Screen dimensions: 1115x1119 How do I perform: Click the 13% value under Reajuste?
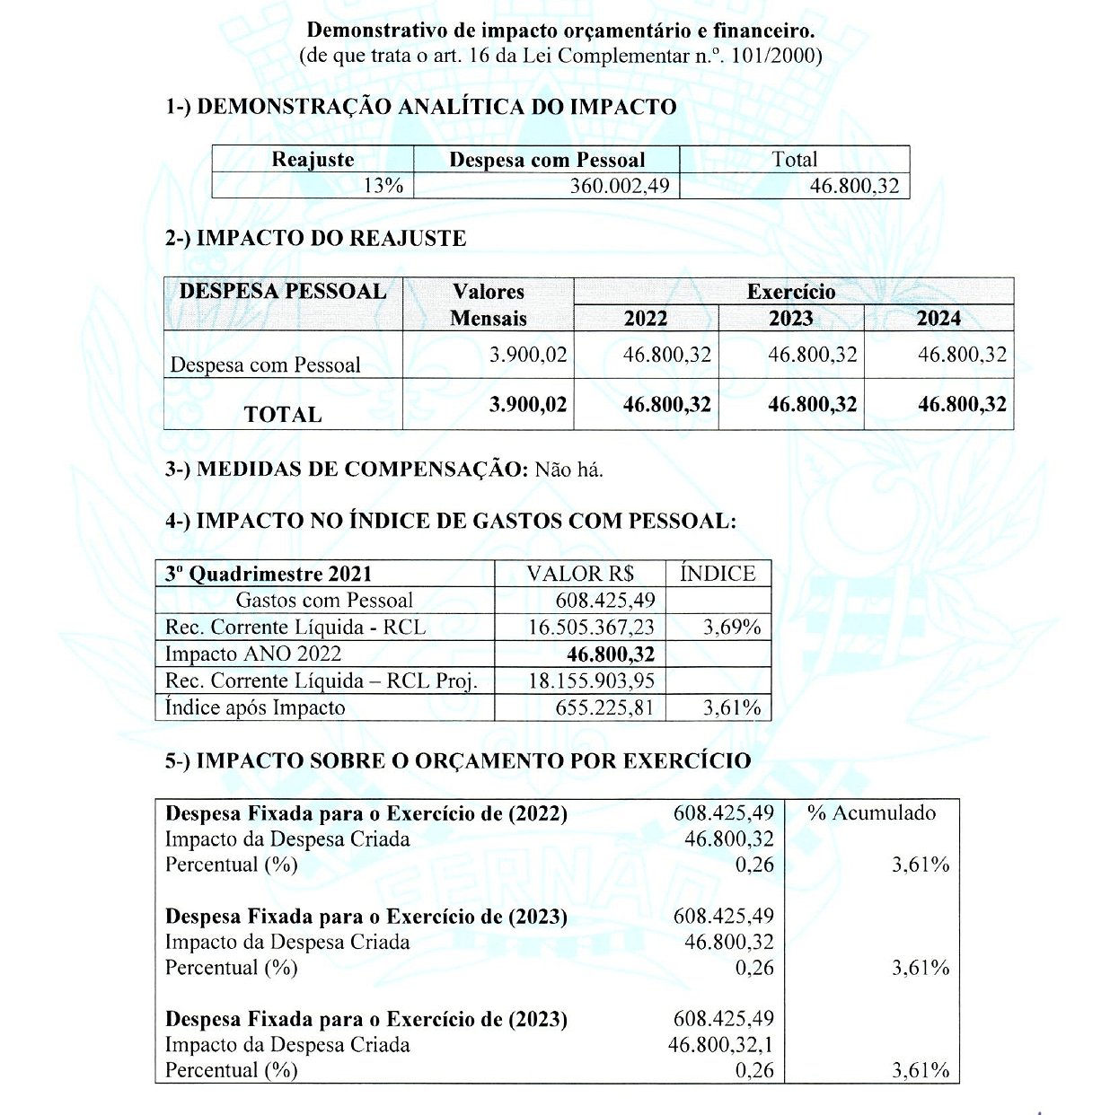pos(383,186)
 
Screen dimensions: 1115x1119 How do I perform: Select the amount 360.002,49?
pos(620,186)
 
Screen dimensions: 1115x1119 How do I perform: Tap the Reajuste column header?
pos(313,160)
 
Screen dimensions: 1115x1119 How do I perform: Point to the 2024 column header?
pos(938,319)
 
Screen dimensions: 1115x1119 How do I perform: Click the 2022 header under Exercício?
pos(646,319)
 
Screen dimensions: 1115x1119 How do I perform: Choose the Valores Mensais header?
pos(489,305)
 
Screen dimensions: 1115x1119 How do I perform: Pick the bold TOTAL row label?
pos(283,415)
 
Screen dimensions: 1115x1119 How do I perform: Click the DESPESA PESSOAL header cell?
pos(283,292)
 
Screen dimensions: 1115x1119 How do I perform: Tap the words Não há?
pos(569,470)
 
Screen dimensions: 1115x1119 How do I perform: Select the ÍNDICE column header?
pos(718,574)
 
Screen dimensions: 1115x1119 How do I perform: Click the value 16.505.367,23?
pos(592,628)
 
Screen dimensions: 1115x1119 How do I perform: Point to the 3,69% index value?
pos(732,628)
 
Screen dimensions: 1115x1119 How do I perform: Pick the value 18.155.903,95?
pos(592,681)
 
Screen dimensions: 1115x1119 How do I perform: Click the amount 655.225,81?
pos(604,708)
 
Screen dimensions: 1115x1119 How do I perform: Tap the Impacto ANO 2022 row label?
pos(253,654)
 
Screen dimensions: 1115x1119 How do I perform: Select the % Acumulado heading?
pos(871,813)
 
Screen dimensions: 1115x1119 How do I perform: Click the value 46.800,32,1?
pos(720,1045)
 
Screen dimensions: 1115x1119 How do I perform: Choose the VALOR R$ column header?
pos(580,574)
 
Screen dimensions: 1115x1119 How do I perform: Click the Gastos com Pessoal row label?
pos(324,601)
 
